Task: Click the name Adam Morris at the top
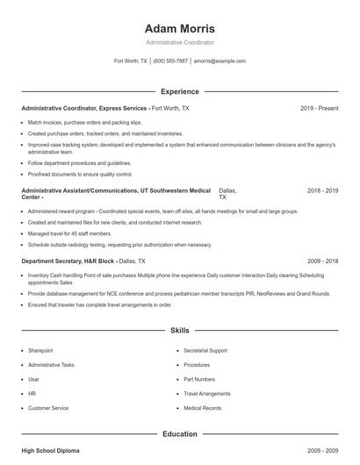(179, 28)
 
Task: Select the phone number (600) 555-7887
(170, 61)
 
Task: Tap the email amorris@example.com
(220, 61)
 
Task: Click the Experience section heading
(179, 91)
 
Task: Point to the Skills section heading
(179, 331)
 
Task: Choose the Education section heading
(179, 433)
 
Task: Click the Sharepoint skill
(40, 349)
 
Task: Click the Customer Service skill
(48, 408)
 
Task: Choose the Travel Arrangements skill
(207, 394)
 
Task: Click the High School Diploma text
(50, 450)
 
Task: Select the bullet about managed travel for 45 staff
(69, 233)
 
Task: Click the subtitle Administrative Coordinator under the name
(179, 42)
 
